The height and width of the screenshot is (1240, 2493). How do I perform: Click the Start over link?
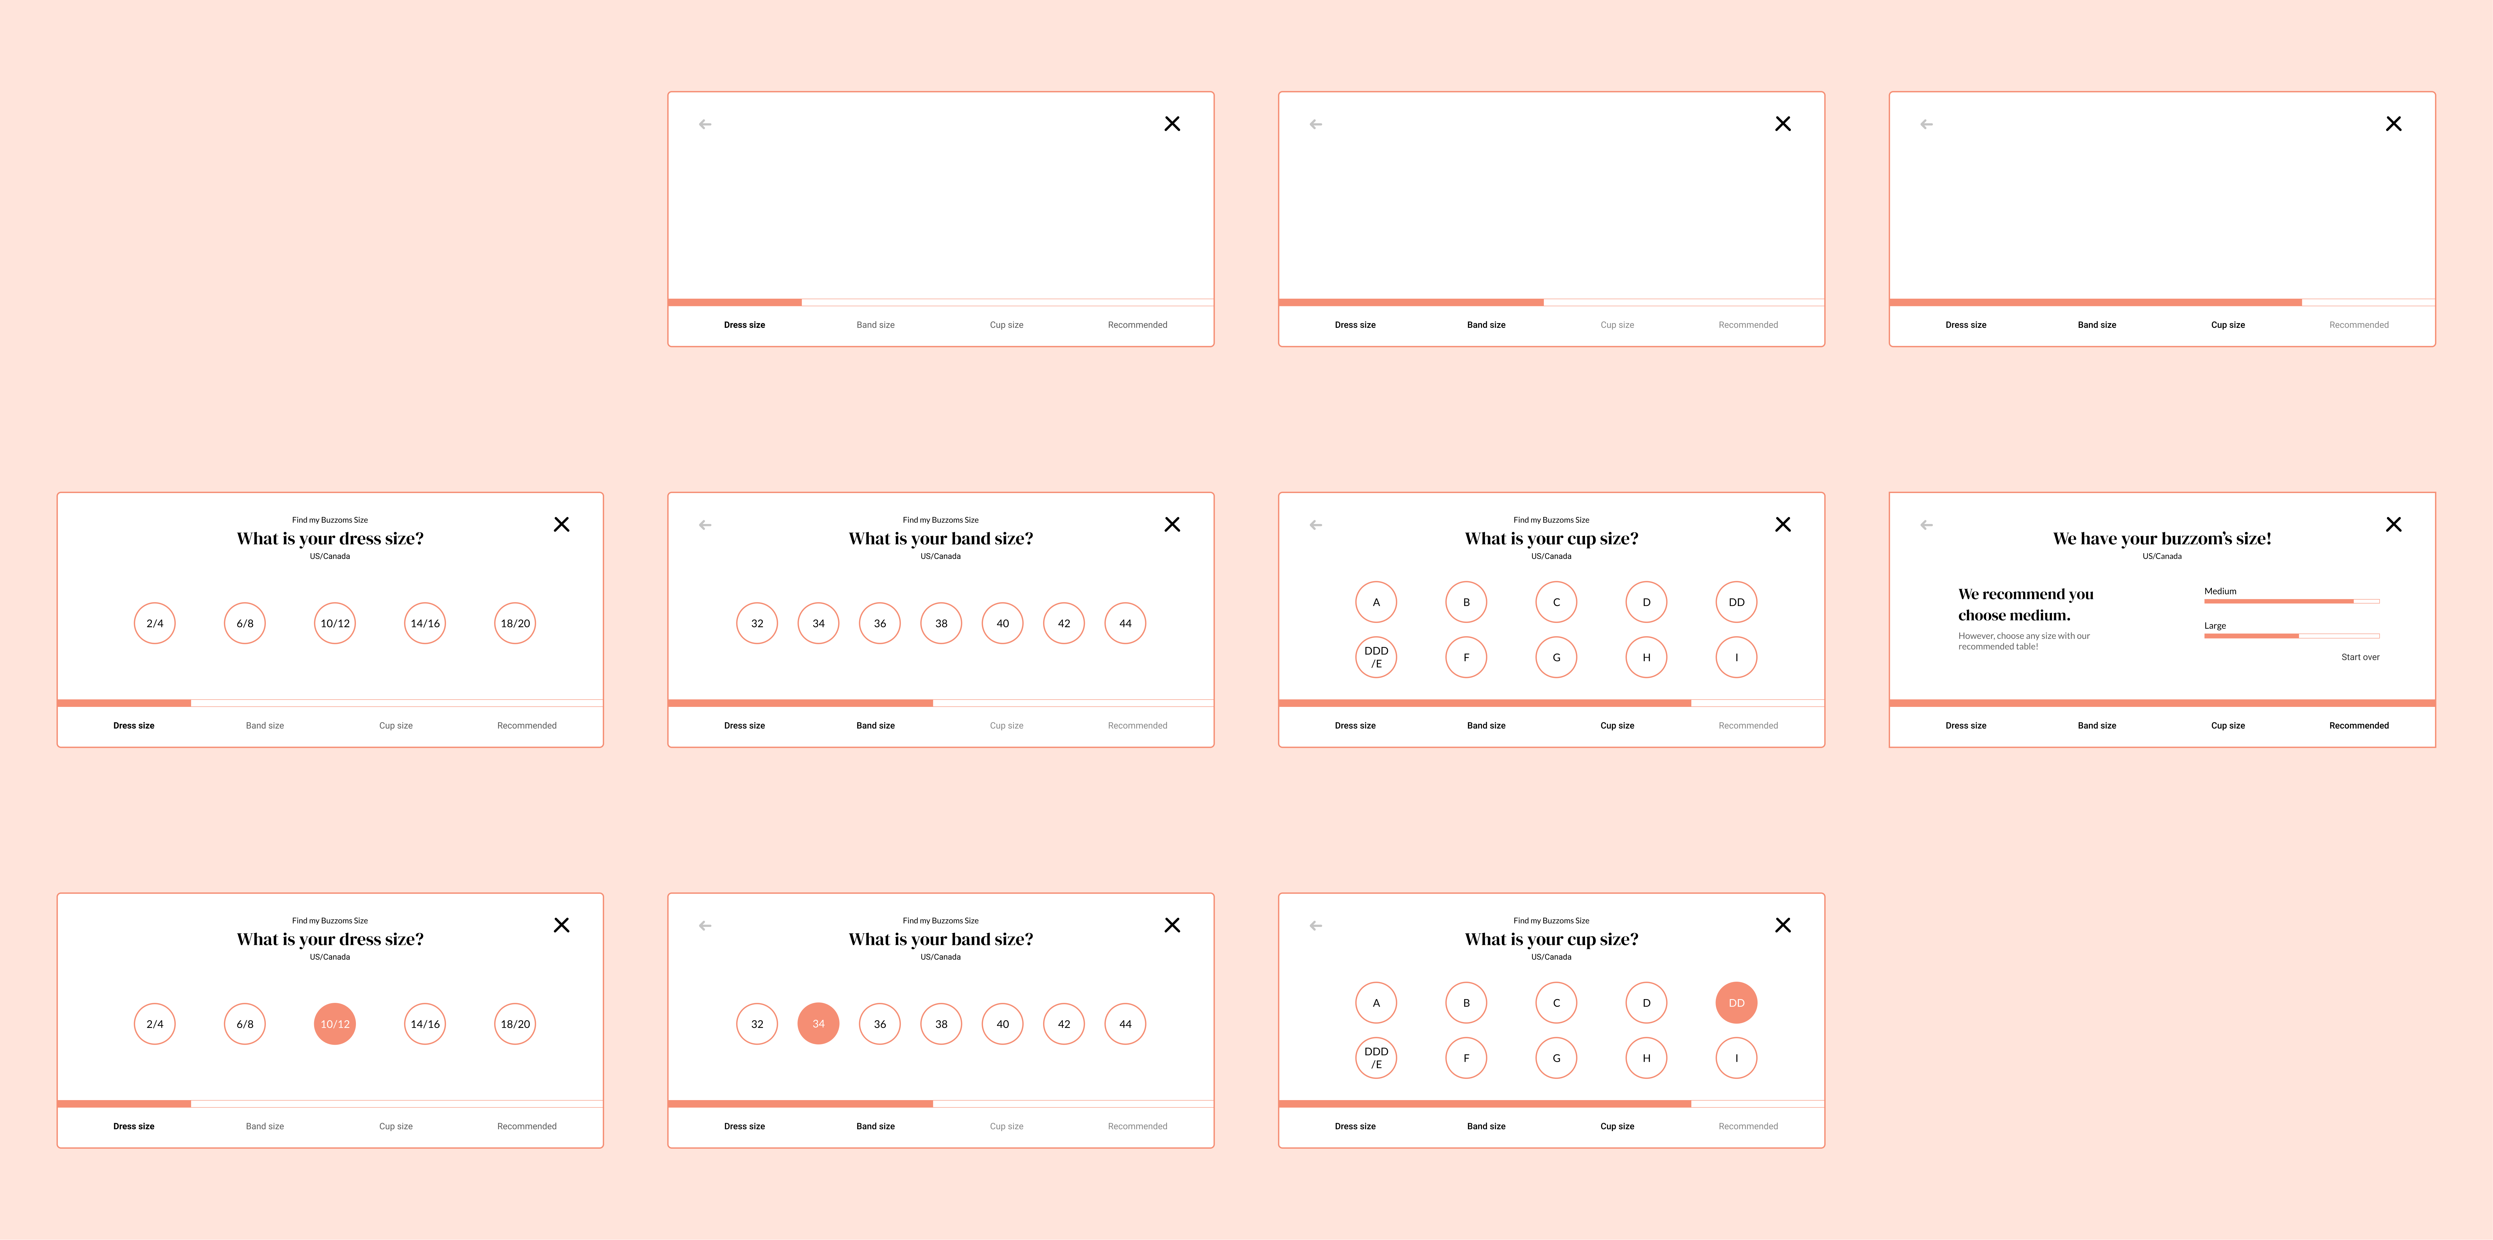[2359, 657]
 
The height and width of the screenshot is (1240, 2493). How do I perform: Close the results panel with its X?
[2393, 525]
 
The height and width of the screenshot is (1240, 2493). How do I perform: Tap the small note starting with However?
[2024, 641]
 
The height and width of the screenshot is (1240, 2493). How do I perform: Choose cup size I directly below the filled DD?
[1736, 1058]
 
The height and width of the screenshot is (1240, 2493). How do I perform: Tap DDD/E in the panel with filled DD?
[1376, 1058]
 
